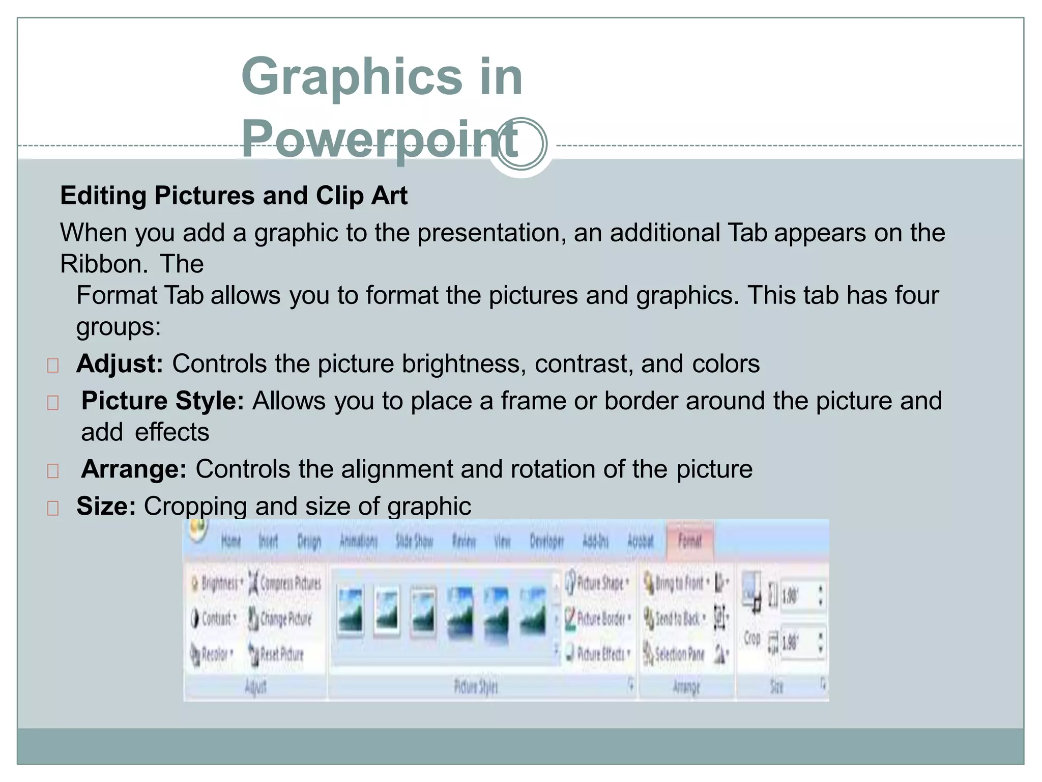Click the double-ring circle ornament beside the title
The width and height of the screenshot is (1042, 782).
click(x=522, y=144)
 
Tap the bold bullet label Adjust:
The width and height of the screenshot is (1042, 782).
click(x=120, y=364)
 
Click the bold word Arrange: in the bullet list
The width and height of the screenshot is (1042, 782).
click(x=134, y=469)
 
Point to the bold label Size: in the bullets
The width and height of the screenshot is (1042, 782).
click(x=106, y=507)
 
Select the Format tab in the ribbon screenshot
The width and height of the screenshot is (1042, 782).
click(x=689, y=541)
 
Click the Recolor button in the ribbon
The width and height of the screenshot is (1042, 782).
click(x=212, y=654)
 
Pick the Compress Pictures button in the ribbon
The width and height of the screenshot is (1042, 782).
click(x=285, y=583)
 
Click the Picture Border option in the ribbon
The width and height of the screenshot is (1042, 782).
click(x=599, y=619)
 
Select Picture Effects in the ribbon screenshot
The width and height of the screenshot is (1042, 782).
click(x=599, y=654)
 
